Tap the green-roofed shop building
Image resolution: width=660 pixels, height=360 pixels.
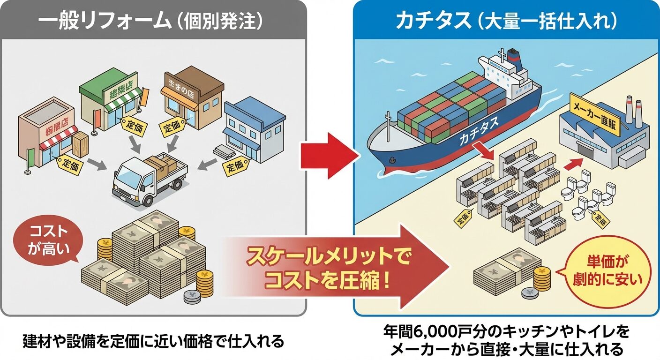[x=110, y=101]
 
